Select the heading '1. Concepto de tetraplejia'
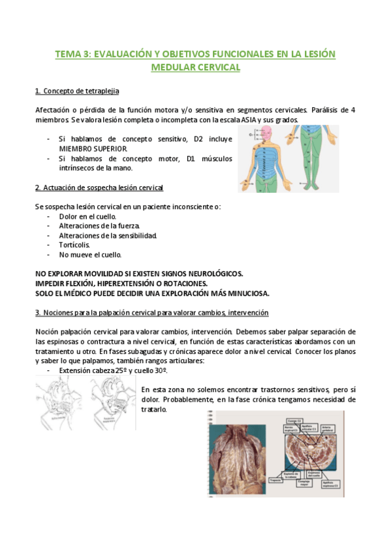[x=77, y=90]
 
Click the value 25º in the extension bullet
[x=126, y=370]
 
